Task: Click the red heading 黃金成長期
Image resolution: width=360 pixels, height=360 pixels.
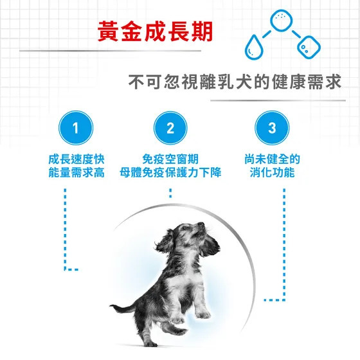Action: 155,32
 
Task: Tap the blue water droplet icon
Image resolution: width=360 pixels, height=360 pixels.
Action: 253,47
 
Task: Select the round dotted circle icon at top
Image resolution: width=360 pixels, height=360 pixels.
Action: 282,20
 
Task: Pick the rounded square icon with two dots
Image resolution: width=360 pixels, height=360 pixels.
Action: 309,48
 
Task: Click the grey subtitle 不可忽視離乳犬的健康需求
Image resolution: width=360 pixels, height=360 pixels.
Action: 235,82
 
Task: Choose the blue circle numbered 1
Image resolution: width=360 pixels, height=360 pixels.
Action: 76,128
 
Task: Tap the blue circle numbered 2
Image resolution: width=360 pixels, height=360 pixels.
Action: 170,128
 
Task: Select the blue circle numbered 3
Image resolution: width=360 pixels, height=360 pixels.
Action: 272,128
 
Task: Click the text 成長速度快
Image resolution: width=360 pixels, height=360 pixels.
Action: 76,159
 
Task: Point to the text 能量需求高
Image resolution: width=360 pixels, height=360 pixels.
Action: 76,172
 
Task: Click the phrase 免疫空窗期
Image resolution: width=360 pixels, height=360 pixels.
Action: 170,159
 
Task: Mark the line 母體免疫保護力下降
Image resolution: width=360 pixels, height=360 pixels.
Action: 170,172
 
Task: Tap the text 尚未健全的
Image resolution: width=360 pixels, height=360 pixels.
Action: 273,159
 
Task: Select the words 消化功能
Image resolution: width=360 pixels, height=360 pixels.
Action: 273,172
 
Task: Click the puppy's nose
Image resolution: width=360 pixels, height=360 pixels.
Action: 201,224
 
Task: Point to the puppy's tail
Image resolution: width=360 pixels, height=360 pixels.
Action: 122,308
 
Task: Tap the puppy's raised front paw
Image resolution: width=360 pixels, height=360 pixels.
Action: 203,314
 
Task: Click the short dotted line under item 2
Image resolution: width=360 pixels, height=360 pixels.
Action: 170,193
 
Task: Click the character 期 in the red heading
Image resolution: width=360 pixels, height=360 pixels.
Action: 202,32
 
